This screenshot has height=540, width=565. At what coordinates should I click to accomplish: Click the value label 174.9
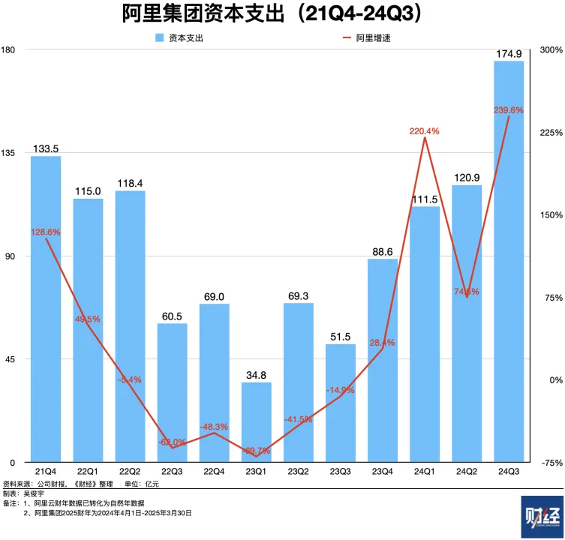(509, 54)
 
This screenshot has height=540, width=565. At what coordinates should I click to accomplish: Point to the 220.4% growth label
(424, 131)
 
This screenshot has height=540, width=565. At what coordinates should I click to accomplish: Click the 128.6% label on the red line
(46, 232)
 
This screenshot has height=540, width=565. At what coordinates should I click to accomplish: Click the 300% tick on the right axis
(551, 50)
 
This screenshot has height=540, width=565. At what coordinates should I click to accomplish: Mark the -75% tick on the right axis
(551, 463)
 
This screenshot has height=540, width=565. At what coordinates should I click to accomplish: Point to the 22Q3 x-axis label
(172, 472)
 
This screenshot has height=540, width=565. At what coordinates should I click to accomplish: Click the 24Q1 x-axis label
(424, 472)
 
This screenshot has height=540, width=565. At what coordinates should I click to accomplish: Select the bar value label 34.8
(256, 374)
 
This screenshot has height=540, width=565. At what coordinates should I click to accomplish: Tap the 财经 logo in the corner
(540, 516)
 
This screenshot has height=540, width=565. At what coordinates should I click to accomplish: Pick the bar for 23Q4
(382, 360)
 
